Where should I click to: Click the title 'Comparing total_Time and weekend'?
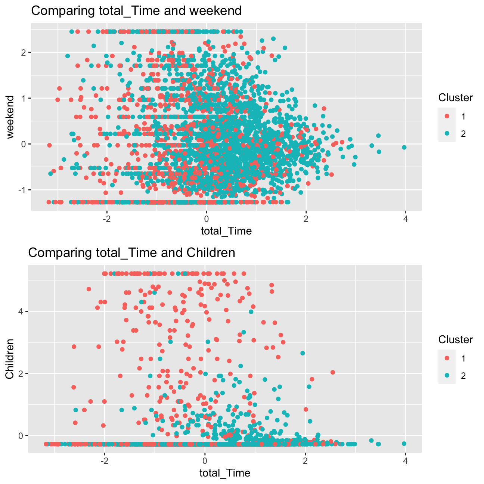[x=136, y=10]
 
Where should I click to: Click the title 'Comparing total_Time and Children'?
[x=131, y=253]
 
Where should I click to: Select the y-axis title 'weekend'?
[x=10, y=117]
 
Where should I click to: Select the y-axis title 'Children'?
[x=10, y=359]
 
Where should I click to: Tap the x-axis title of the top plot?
[x=226, y=231]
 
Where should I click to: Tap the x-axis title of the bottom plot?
[x=225, y=473]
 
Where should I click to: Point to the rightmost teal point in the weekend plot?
[x=404, y=147]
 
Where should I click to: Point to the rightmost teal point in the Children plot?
[x=404, y=443]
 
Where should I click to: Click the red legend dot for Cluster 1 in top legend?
[x=447, y=117]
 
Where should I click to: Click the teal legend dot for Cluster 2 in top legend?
[x=447, y=134]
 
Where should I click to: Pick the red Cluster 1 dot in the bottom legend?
[x=447, y=359]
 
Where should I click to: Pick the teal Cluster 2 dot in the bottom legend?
[x=447, y=376]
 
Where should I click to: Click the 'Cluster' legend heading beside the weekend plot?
[x=456, y=98]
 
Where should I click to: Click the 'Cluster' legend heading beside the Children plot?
[x=456, y=340]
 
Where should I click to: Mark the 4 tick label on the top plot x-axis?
[x=406, y=219]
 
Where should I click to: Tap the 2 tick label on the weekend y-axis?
[x=23, y=52]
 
